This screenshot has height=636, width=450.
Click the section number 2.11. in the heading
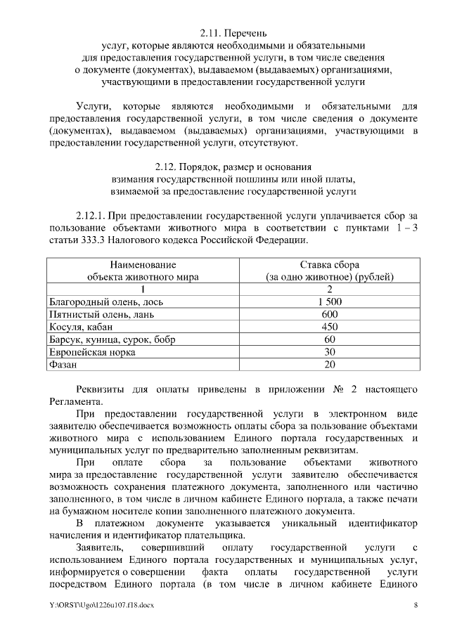[210, 33]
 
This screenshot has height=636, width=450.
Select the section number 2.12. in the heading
[167, 167]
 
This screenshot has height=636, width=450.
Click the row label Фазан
[63, 365]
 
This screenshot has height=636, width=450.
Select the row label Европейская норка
[91, 352]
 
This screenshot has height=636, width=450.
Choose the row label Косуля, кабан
[80, 327]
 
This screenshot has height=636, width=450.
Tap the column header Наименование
[143, 265]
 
